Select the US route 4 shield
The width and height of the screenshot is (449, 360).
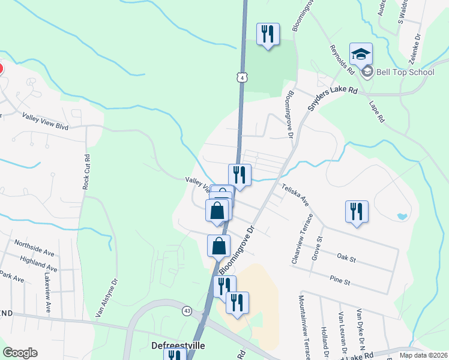(x=241, y=78)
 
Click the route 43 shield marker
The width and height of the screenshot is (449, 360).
(x=188, y=310)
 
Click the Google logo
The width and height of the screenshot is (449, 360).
(x=20, y=353)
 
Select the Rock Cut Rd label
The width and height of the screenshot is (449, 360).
(x=86, y=173)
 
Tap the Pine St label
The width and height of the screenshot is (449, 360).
(x=339, y=280)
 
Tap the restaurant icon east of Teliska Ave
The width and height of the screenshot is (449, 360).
(x=357, y=212)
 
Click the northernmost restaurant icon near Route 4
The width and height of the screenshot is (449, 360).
(x=268, y=34)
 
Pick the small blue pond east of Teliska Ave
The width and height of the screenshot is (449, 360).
(x=402, y=215)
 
